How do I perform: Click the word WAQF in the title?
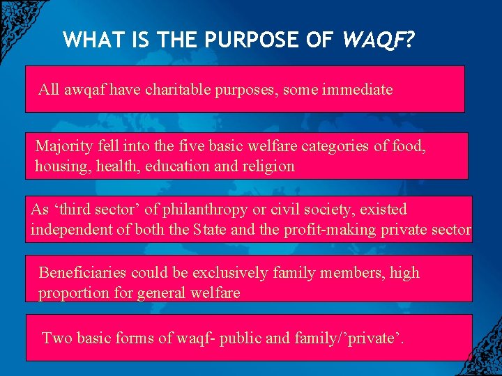click(372, 40)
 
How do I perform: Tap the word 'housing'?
click(60, 166)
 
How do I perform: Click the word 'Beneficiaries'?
click(82, 272)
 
